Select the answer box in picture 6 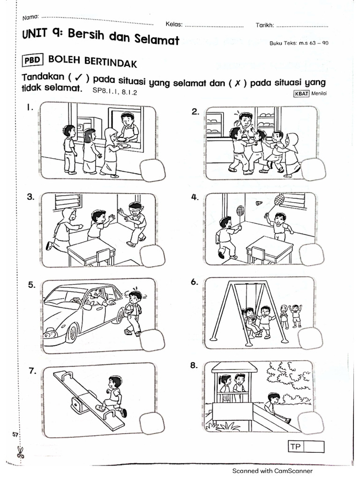click(311, 337)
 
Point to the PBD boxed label click(33, 60)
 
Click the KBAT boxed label click(301, 93)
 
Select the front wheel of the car click(72, 332)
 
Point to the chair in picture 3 click(103, 256)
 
